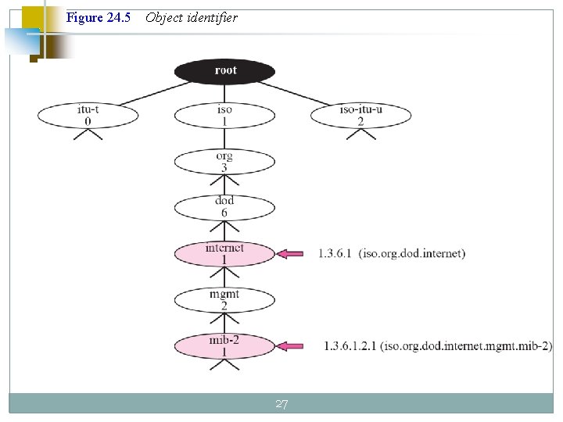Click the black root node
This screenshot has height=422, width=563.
click(x=224, y=71)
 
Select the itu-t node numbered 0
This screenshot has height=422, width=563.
click(x=88, y=116)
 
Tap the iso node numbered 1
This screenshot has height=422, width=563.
click(x=224, y=116)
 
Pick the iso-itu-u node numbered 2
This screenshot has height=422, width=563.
click(x=360, y=116)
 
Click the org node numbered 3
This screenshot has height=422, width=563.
click(x=224, y=162)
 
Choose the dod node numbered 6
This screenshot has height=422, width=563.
click(x=224, y=207)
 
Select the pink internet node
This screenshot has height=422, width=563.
click(x=224, y=253)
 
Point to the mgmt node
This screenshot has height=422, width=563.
click(x=224, y=299)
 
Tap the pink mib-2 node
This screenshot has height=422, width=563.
click(x=224, y=345)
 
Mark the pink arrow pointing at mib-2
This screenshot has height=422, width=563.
click(x=294, y=346)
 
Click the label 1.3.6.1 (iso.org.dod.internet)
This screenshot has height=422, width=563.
click(x=391, y=254)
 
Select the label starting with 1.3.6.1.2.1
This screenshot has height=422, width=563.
click(x=438, y=346)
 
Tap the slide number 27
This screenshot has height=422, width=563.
click(x=281, y=404)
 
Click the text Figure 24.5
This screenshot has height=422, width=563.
click(x=99, y=17)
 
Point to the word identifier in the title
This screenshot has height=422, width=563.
click(x=212, y=17)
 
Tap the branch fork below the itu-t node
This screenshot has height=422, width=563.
click(x=88, y=134)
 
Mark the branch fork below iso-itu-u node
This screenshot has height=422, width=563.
click(x=360, y=134)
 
